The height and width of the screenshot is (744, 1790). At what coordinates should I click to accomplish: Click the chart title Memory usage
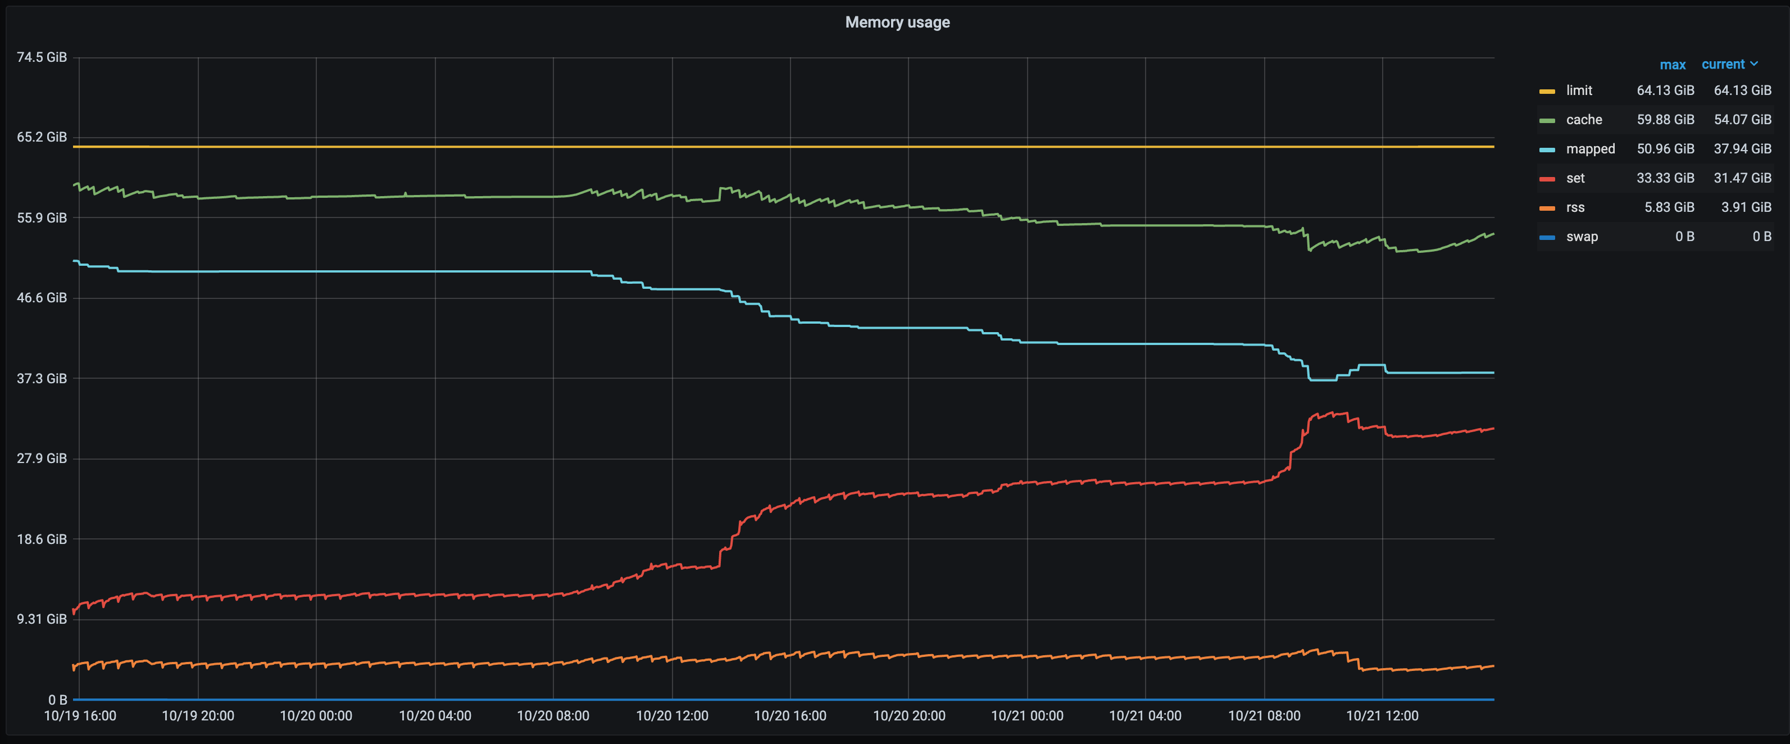897,22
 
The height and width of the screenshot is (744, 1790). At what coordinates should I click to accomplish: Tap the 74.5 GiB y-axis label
42,57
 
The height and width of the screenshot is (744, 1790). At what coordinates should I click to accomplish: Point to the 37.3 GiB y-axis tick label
42,378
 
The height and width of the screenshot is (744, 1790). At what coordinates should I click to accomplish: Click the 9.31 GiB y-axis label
42,619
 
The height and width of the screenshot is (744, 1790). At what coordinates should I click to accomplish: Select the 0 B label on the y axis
57,700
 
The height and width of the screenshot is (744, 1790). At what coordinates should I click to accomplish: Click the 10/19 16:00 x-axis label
80,715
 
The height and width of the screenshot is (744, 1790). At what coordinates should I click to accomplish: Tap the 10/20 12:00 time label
672,715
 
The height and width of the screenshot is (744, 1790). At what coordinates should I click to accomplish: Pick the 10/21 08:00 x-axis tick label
1264,715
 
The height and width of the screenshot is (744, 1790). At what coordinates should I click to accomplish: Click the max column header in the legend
1673,65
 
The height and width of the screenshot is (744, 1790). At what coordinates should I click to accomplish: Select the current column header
1723,65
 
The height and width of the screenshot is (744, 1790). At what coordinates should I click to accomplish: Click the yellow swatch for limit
1547,91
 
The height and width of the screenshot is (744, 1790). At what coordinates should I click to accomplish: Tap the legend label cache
1584,120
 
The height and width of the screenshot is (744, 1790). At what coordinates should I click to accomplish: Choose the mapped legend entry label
1590,149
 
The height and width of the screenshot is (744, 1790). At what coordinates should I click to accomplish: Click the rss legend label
1575,207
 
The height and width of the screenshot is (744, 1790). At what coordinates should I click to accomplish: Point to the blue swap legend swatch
1547,237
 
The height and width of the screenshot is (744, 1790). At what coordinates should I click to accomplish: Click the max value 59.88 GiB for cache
1665,120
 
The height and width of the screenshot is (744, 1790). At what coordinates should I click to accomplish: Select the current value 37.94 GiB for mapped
1742,149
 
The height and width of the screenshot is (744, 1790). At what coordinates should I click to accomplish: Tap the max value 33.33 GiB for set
1665,178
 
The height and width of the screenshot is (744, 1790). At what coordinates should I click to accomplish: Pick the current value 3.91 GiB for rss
1746,207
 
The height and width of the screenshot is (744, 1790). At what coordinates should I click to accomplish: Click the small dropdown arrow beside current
1755,64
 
